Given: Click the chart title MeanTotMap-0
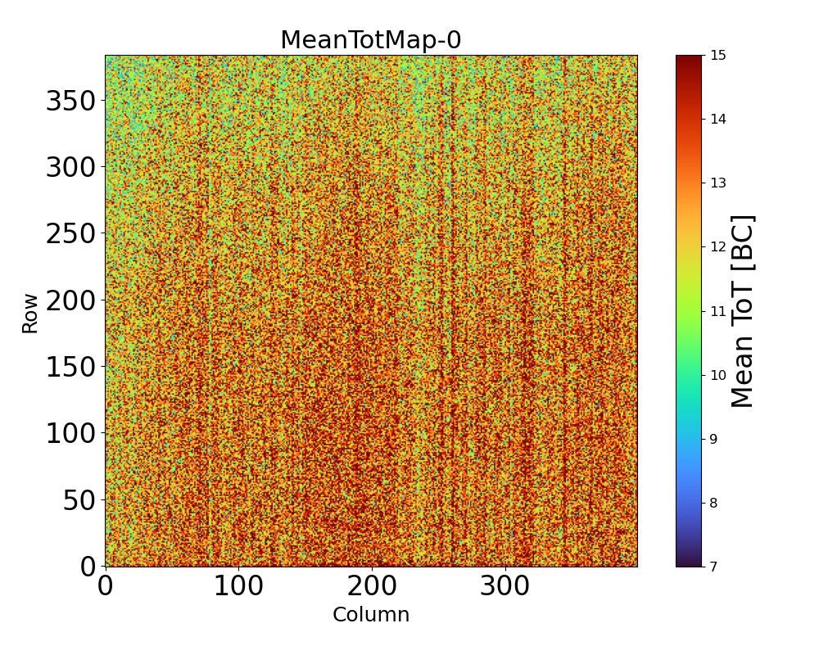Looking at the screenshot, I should point(370,40).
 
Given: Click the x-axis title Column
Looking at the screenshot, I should point(370,615).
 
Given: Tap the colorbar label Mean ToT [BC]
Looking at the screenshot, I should point(742,311).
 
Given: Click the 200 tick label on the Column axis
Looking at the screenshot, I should point(372,586).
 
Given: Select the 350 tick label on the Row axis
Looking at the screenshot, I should point(71,102).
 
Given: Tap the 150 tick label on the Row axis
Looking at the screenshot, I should point(71,367).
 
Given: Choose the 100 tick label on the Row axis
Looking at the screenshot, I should point(71,433).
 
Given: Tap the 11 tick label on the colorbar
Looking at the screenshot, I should point(718,311).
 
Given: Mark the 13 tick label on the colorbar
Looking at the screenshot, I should point(718,183).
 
